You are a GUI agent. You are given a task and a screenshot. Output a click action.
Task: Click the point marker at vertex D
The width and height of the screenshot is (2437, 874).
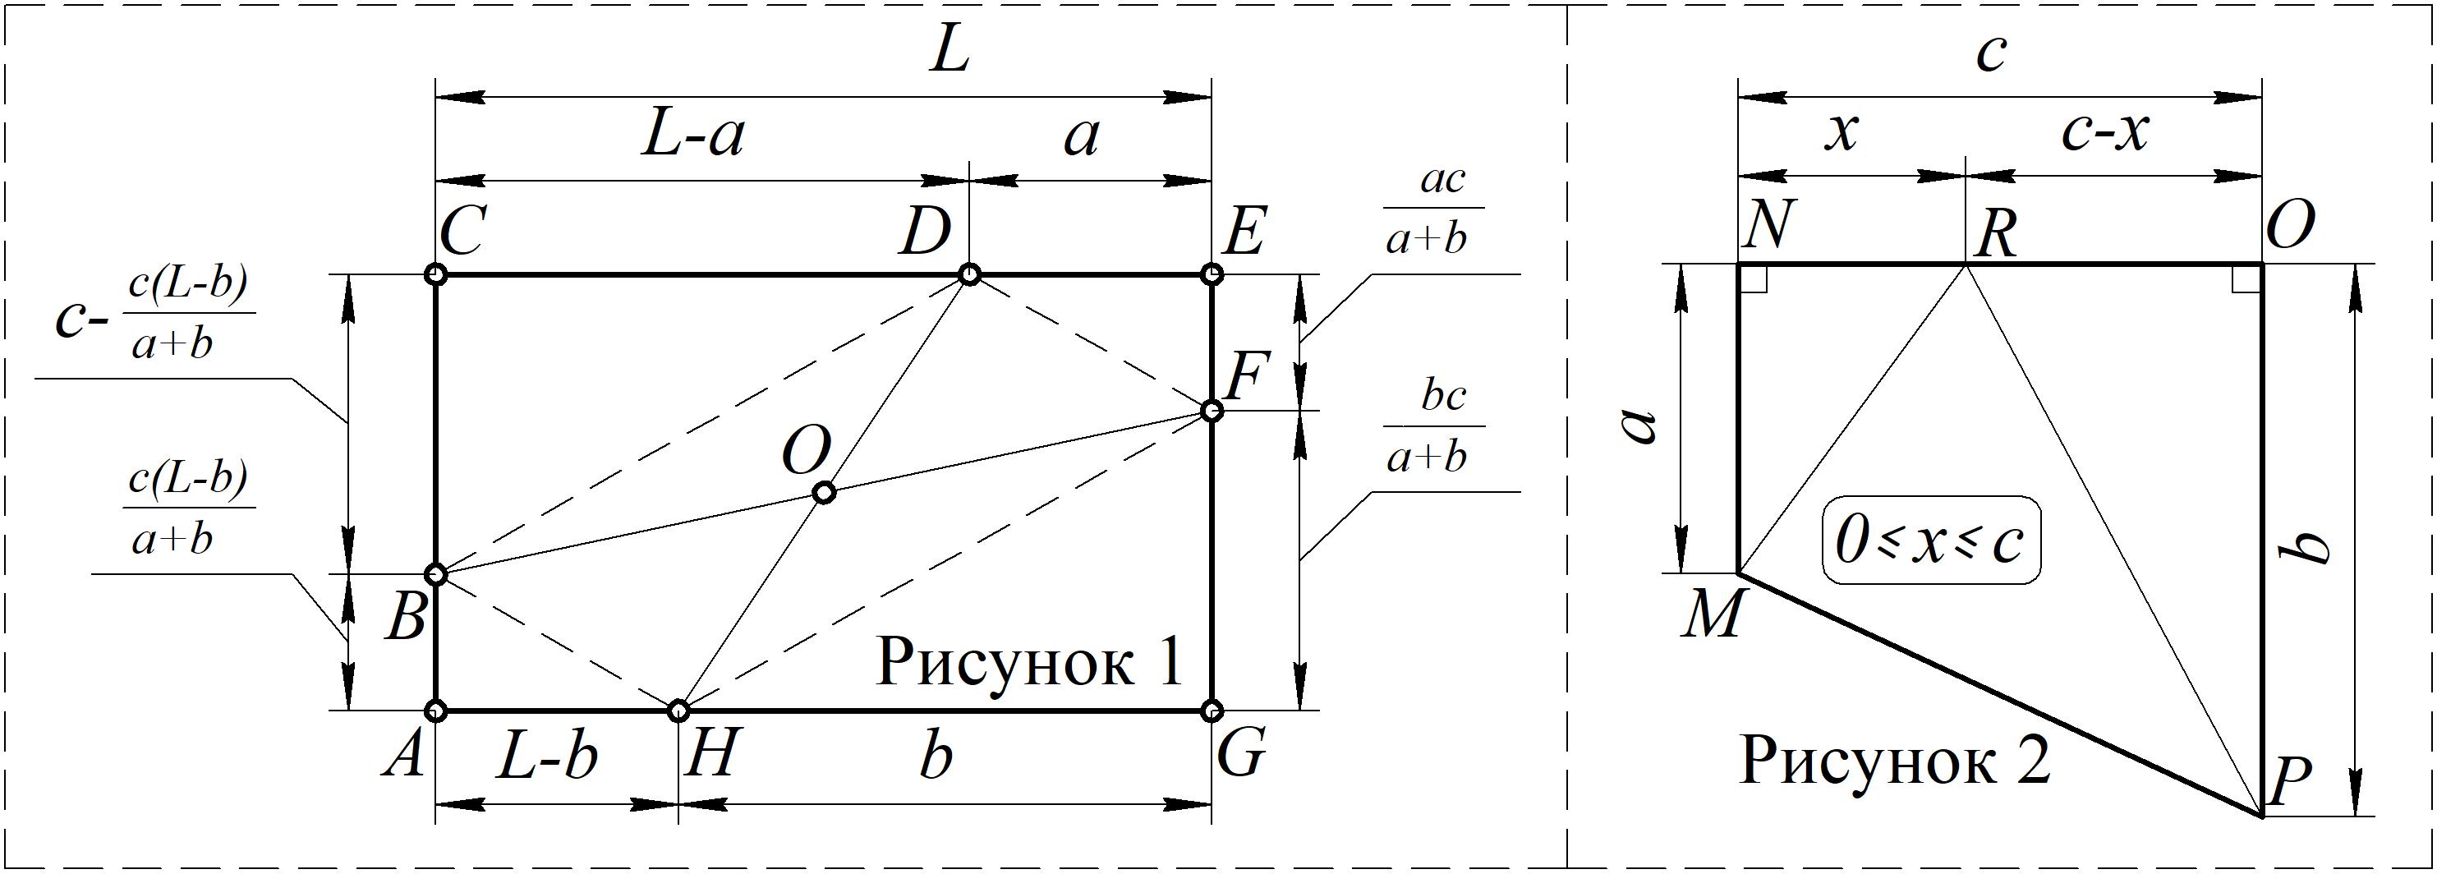click(x=968, y=275)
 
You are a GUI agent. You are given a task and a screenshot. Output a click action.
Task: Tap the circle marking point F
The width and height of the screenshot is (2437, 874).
click(x=1211, y=411)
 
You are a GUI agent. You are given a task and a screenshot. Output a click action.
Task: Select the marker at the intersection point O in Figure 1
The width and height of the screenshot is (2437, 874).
click(x=824, y=493)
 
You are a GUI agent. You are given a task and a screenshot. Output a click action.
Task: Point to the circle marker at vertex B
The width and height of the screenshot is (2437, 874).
click(x=435, y=574)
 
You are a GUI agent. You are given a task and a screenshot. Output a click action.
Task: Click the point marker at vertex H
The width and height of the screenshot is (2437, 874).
click(x=678, y=710)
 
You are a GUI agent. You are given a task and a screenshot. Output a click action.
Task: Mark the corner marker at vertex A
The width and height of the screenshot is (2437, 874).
click(x=435, y=710)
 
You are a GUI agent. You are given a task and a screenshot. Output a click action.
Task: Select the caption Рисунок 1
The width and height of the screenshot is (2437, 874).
click(x=1028, y=663)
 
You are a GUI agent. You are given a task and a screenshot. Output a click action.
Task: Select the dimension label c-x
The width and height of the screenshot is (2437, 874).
click(x=2104, y=132)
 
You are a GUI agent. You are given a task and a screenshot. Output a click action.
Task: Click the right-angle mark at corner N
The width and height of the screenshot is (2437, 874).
click(x=1752, y=279)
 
